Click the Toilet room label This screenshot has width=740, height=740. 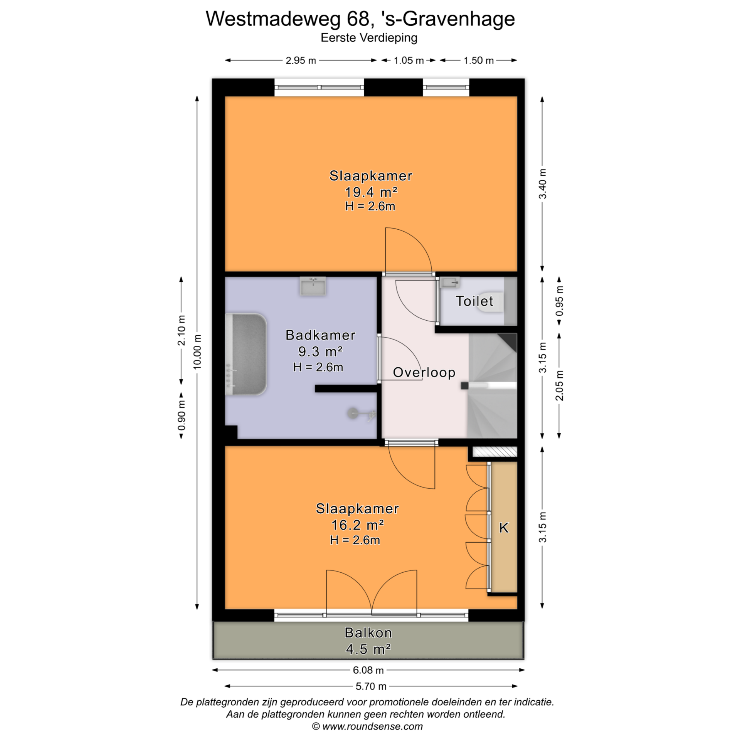pos(474,301)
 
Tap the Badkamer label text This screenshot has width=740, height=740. pos(320,335)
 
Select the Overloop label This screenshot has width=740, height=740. pos(424,372)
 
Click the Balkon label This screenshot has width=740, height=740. pos(368,633)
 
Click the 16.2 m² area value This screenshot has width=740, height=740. pos(357,525)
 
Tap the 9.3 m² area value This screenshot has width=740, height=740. pos(320,351)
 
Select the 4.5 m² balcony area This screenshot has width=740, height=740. pos(368,649)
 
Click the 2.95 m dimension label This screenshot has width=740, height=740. pos(301,61)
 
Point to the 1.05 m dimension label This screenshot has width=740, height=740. pos(409,61)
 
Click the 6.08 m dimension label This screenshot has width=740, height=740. pos(368,670)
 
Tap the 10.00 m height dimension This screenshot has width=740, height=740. pos(197,351)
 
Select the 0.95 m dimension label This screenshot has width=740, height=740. pos(559,301)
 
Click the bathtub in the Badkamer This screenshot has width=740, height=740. pos(246,354)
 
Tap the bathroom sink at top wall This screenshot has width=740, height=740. pos(313,286)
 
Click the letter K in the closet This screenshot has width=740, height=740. pos(504,528)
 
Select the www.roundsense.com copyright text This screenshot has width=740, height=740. pos(367,727)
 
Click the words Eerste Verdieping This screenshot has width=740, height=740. pos(369,38)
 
